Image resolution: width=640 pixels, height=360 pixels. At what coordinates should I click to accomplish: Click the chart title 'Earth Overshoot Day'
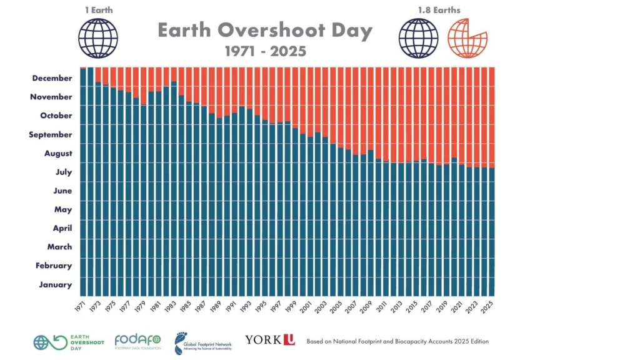(265, 31)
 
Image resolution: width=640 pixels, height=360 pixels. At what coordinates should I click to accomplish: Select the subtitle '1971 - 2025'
(265, 51)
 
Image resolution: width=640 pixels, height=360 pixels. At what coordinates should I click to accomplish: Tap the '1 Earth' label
(98, 10)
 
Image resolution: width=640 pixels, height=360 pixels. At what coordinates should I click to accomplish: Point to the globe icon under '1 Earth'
(98, 38)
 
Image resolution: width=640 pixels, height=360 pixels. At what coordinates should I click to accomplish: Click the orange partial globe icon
(468, 37)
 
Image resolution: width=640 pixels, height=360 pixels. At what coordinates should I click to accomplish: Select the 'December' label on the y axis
(51, 78)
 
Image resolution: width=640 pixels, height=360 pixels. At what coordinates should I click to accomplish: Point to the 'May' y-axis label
(63, 209)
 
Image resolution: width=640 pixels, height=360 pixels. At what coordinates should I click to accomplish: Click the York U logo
(269, 340)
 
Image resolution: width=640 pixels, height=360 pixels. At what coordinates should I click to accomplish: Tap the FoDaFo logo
(137, 341)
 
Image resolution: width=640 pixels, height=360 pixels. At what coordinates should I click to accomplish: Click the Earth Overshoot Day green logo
(63, 342)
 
